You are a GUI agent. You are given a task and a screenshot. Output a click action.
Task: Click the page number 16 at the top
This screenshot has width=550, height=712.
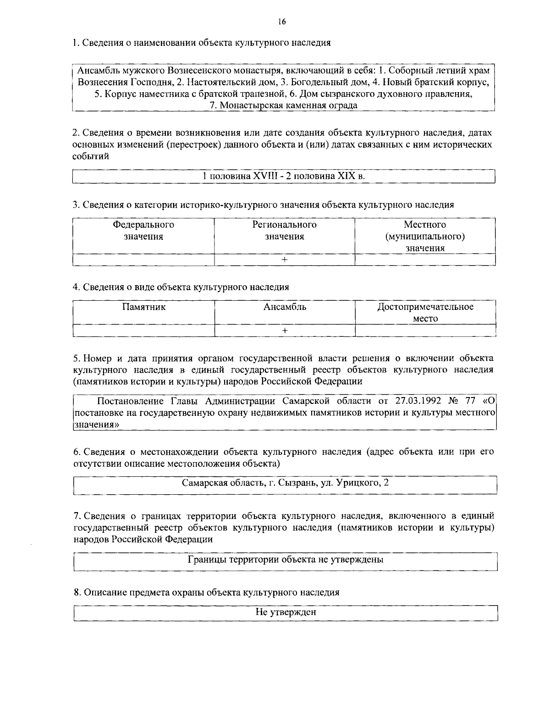click(x=281, y=21)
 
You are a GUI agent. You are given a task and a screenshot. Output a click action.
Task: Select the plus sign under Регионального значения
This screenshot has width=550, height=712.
click(x=285, y=259)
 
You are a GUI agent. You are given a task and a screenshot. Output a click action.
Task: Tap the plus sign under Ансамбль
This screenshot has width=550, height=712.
click(x=285, y=330)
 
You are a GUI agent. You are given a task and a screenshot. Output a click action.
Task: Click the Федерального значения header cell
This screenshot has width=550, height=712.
click(x=143, y=231)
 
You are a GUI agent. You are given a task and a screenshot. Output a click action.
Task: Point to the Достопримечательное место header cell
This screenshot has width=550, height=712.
click(x=425, y=313)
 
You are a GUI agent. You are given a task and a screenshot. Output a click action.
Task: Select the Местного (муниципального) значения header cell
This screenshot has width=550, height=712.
click(x=425, y=237)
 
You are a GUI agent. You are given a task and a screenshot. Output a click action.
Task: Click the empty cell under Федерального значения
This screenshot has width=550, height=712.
click(x=143, y=259)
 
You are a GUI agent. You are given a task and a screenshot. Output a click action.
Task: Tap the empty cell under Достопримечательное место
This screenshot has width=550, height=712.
click(x=425, y=330)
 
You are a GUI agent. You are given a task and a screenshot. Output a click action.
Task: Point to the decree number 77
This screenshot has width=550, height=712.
click(x=470, y=401)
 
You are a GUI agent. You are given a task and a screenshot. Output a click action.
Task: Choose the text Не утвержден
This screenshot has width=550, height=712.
click(x=286, y=612)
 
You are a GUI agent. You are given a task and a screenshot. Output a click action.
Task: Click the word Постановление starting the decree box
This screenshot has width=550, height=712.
click(x=131, y=401)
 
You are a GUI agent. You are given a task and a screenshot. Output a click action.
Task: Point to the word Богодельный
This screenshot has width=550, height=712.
click(x=313, y=83)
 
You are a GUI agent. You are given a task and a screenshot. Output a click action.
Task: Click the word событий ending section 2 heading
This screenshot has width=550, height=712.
click(x=91, y=156)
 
